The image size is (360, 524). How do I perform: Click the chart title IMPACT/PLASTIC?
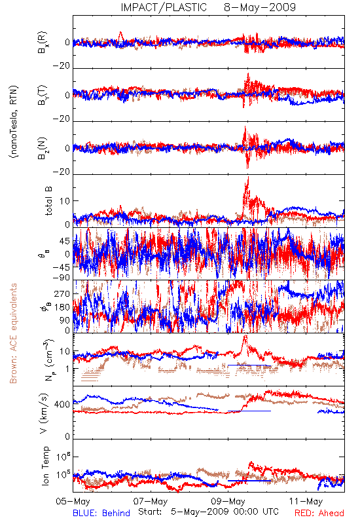[164, 7]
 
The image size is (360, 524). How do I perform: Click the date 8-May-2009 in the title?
[260, 7]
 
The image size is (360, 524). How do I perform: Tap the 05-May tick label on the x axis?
[73, 501]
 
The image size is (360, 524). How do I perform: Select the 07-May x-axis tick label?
[151, 501]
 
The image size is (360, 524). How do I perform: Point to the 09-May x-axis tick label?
[228, 501]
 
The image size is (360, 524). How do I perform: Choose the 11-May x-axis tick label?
[306, 501]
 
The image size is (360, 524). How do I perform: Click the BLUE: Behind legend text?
[101, 513]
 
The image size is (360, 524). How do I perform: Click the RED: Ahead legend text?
[319, 513]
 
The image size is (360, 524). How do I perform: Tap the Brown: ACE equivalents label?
[13, 333]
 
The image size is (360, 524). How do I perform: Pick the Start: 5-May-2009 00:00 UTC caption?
[208, 512]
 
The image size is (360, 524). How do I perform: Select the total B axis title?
[48, 201]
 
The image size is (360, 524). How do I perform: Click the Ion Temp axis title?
[45, 466]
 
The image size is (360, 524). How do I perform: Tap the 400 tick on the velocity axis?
[62, 405]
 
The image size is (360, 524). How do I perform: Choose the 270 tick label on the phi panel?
[62, 293]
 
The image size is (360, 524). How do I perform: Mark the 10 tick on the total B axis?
[65, 201]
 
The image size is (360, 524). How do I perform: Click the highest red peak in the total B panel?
[248, 177]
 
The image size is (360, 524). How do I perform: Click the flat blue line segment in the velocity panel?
[249, 411]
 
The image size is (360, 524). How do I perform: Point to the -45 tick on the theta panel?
[62, 267]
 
